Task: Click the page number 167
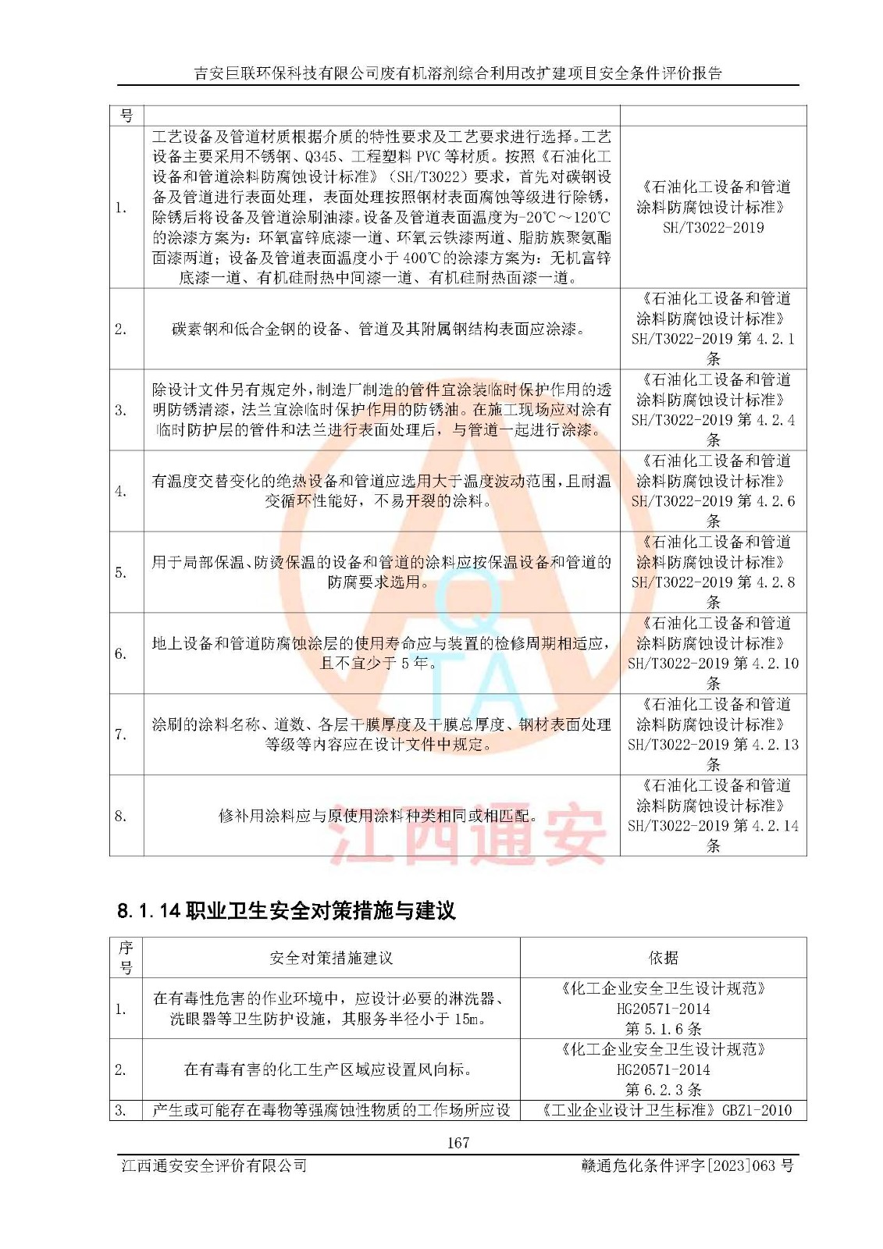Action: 458,1143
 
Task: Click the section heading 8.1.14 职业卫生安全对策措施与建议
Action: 286,911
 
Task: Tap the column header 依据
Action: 663,958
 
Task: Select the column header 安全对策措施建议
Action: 331,958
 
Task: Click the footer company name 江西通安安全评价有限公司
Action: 214,1165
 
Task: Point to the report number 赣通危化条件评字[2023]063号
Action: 687,1165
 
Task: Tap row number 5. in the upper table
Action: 121,572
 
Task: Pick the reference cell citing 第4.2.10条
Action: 713,653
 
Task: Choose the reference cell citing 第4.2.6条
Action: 713,491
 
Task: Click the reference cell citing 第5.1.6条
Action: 663,1009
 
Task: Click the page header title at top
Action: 458,73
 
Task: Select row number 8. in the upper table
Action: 121,816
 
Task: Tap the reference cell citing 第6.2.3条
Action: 663,1069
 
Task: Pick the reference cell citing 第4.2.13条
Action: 713,735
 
